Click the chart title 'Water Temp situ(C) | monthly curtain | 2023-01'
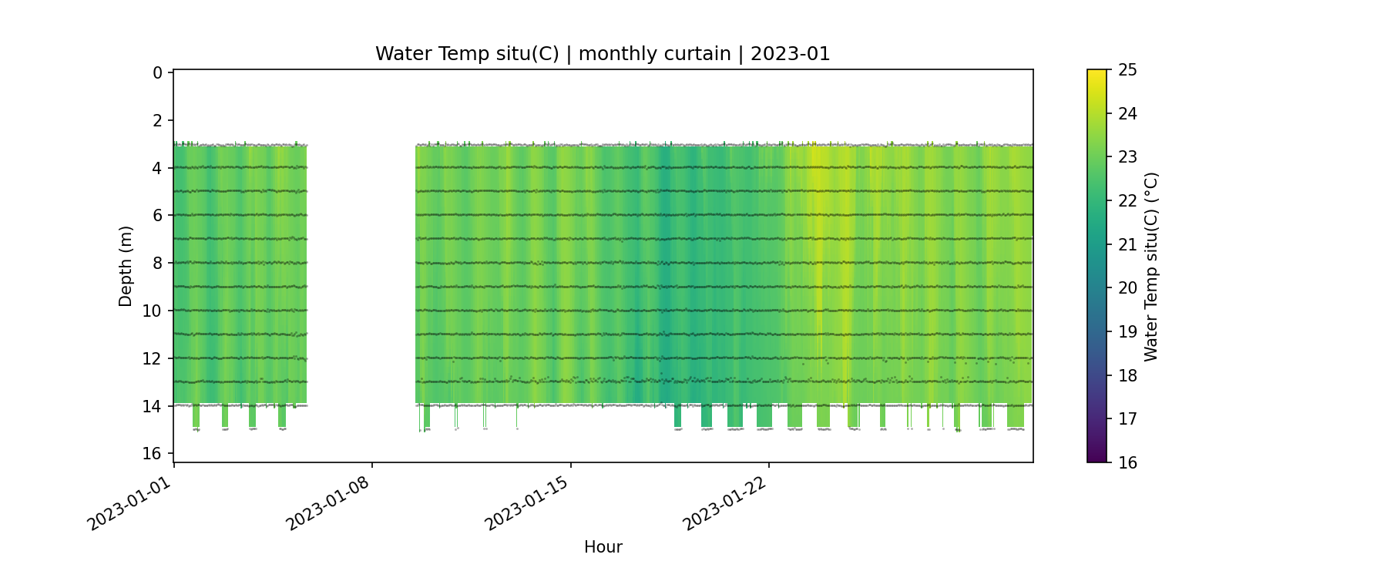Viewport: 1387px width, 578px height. pos(603,54)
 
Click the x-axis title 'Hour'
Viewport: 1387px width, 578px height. pos(603,547)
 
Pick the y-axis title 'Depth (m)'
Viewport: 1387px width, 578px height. pos(126,266)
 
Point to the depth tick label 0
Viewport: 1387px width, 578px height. pos(158,73)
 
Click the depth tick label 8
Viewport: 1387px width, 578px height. pos(158,264)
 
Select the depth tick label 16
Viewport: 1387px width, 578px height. pos(153,453)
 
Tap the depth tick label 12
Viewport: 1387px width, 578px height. pos(153,358)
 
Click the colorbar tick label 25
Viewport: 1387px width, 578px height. pos(1127,70)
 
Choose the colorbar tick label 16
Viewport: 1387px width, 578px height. pos(1127,462)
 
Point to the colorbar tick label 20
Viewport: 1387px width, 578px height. pos(1127,288)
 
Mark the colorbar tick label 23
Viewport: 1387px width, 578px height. pos(1127,157)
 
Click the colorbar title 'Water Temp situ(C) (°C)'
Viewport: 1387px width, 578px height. pos(1151,266)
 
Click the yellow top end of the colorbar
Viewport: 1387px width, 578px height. pos(1097,74)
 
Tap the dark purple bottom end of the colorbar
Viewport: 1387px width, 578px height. pos(1097,458)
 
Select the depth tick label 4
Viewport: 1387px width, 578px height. pos(158,168)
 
